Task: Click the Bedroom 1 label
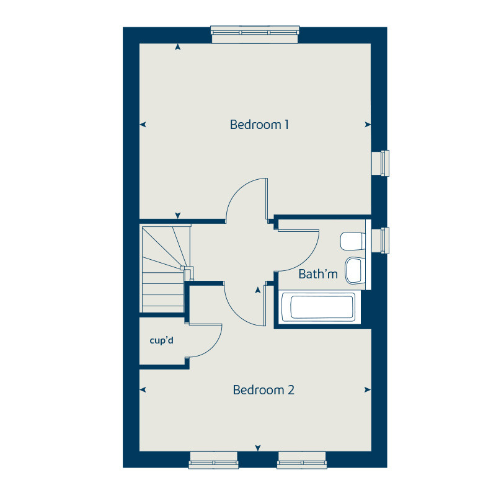[x=259, y=125]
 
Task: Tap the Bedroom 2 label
[x=263, y=390]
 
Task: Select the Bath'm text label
[x=318, y=274]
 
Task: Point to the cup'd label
[x=161, y=340]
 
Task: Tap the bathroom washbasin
[x=354, y=269]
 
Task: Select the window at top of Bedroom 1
[x=255, y=34]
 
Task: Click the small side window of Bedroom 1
[x=380, y=163]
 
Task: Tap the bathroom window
[x=380, y=241]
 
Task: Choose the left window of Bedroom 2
[x=214, y=459]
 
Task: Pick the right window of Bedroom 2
[x=302, y=459]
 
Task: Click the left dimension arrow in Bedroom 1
[x=143, y=125]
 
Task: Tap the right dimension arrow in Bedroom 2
[x=368, y=390]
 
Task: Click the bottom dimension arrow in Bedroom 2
[x=258, y=448]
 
